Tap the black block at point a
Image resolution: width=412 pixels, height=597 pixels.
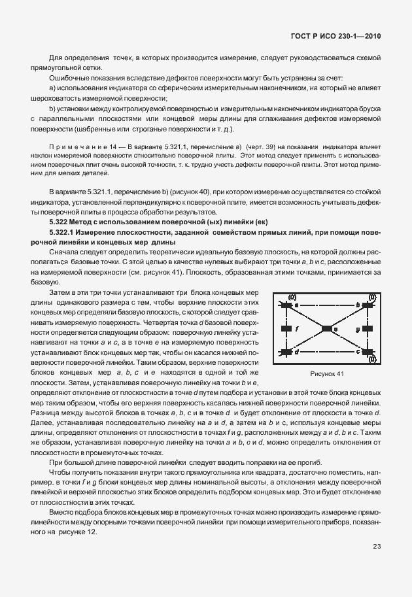coord(286,305)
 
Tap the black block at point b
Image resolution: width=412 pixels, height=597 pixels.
coord(366,305)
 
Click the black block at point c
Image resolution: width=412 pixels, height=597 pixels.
coord(366,352)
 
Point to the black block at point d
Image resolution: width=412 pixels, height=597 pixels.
coord(286,352)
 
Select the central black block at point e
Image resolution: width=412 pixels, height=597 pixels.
coord(326,329)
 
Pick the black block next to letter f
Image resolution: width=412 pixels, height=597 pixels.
coord(286,329)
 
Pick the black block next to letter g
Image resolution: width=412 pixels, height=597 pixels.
coord(366,329)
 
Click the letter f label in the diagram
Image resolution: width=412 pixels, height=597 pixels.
coord(297,329)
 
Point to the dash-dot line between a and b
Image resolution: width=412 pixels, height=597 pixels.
coord(326,305)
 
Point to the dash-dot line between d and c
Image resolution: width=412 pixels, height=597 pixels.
coord(326,352)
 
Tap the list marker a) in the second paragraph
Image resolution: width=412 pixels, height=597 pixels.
coord(52,87)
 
